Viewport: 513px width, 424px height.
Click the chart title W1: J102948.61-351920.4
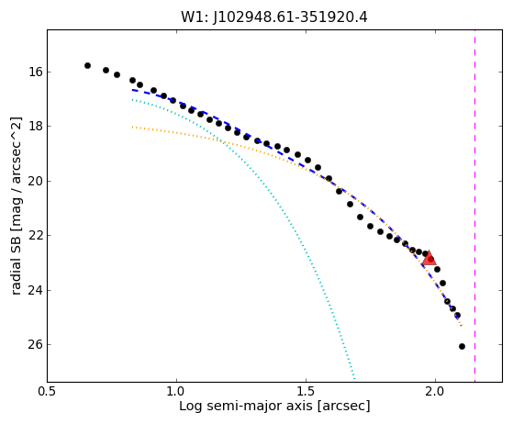coord(274,17)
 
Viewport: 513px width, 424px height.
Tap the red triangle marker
coord(429,258)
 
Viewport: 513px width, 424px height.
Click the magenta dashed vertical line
coord(474,206)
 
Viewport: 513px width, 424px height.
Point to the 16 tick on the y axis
coord(36,72)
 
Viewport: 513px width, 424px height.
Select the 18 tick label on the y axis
coord(36,127)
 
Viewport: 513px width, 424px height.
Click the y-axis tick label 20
coord(36,181)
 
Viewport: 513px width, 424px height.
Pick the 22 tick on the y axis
coord(36,236)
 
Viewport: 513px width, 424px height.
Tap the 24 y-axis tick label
coord(36,290)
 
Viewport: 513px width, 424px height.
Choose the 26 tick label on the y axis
coord(36,344)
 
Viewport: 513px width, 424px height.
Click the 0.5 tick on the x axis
coord(48,391)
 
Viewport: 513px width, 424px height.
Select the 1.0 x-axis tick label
coord(177,391)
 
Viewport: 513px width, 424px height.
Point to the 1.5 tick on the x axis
coord(306,391)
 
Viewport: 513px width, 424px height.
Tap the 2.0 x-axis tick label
coord(435,391)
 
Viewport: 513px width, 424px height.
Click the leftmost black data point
coord(87,65)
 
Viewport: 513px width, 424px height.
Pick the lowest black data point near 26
coord(462,346)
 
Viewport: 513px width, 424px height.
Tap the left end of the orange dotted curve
coord(132,127)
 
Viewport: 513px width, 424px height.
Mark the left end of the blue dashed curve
coord(132,89)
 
